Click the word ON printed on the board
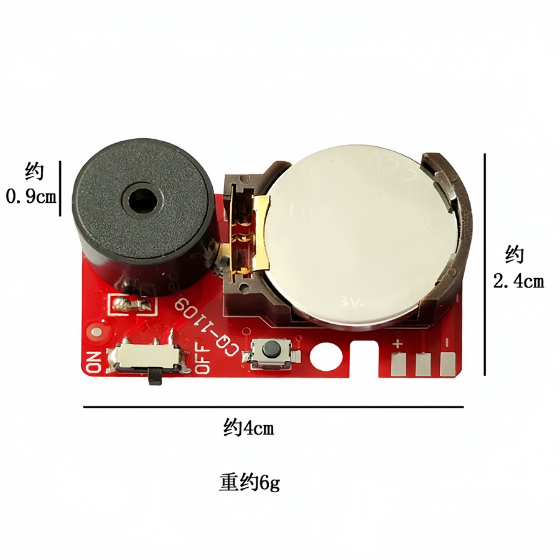[94, 362]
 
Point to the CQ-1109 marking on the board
[205, 326]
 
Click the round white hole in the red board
[325, 356]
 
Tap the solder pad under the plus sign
[398, 364]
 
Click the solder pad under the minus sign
[447, 364]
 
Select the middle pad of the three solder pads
[423, 364]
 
